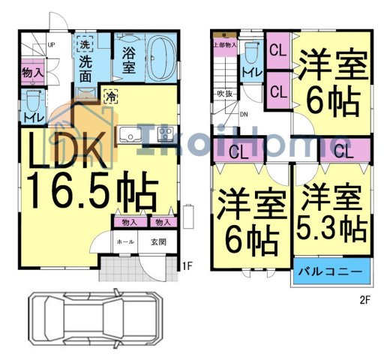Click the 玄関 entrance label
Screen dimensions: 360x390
(x=158, y=241)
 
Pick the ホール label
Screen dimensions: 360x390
(x=124, y=241)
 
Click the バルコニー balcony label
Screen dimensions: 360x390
(x=332, y=270)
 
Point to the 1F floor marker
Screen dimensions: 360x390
(x=187, y=265)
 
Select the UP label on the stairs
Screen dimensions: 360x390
(x=51, y=44)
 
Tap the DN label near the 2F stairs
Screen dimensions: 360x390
(x=244, y=115)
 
